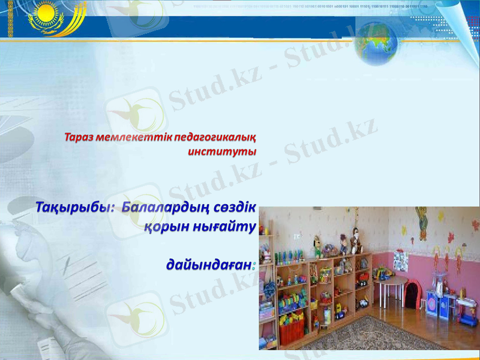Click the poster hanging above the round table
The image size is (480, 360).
click(401, 262)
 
